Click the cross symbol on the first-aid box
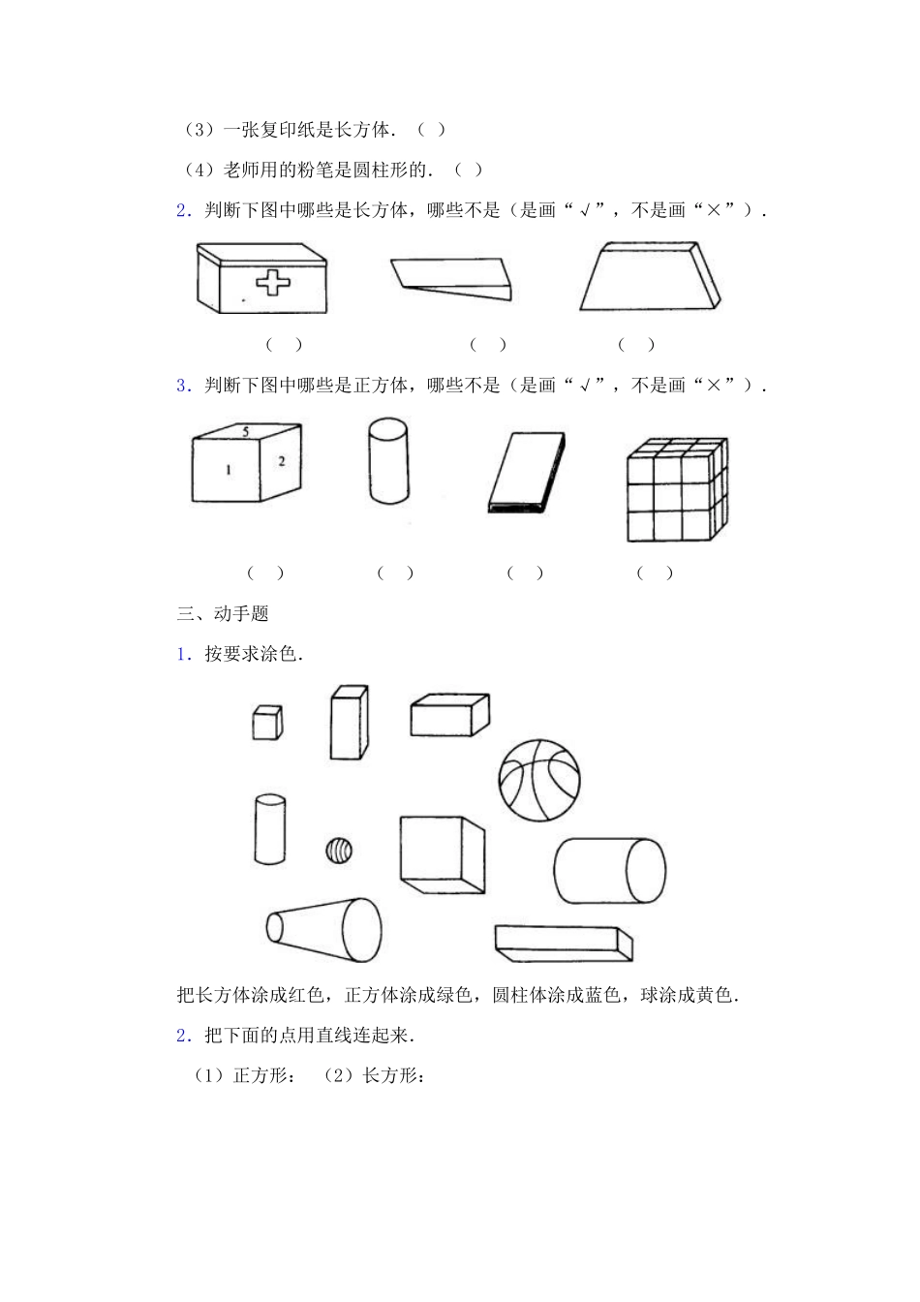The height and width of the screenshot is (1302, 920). [x=273, y=282]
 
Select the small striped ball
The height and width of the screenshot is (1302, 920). [x=338, y=851]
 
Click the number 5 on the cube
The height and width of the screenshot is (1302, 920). [x=246, y=432]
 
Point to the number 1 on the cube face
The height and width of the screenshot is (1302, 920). [x=229, y=470]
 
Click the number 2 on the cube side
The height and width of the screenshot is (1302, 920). [x=282, y=461]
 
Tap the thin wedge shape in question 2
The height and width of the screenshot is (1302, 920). [x=451, y=277]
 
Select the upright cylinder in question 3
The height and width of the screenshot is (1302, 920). [x=387, y=460]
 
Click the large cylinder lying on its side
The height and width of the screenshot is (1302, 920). [x=610, y=871]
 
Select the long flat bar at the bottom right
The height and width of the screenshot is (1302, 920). [x=563, y=943]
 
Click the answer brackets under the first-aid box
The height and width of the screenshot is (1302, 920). [x=285, y=344]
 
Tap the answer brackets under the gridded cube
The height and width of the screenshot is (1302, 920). [x=655, y=573]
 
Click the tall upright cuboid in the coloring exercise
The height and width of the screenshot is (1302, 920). [x=349, y=723]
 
